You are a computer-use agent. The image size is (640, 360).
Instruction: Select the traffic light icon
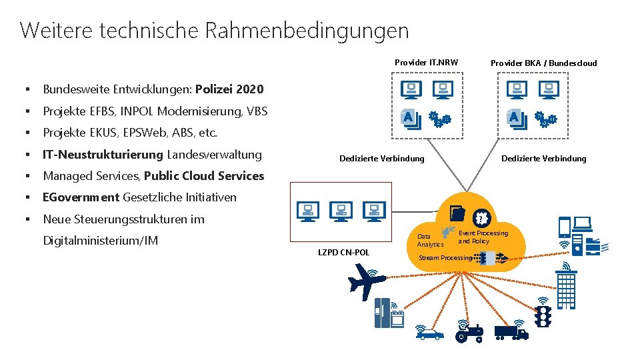click(x=543, y=315)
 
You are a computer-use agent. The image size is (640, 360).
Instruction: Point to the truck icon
click(x=510, y=330)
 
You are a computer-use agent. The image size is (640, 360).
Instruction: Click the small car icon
click(x=430, y=333)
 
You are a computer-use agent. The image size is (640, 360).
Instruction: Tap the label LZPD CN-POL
click(x=345, y=253)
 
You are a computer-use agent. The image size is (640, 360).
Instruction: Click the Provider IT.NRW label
click(x=426, y=63)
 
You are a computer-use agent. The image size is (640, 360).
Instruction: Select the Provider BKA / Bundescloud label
click(x=543, y=63)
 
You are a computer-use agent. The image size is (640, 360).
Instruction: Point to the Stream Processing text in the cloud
click(x=445, y=258)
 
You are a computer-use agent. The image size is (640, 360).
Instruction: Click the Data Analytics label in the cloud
click(x=429, y=241)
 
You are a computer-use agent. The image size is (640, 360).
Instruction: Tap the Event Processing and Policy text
click(x=483, y=237)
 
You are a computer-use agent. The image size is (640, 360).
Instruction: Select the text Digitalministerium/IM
click(x=100, y=240)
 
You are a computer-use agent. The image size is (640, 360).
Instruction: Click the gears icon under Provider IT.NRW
click(x=439, y=120)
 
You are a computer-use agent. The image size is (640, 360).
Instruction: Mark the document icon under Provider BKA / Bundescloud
click(x=515, y=119)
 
